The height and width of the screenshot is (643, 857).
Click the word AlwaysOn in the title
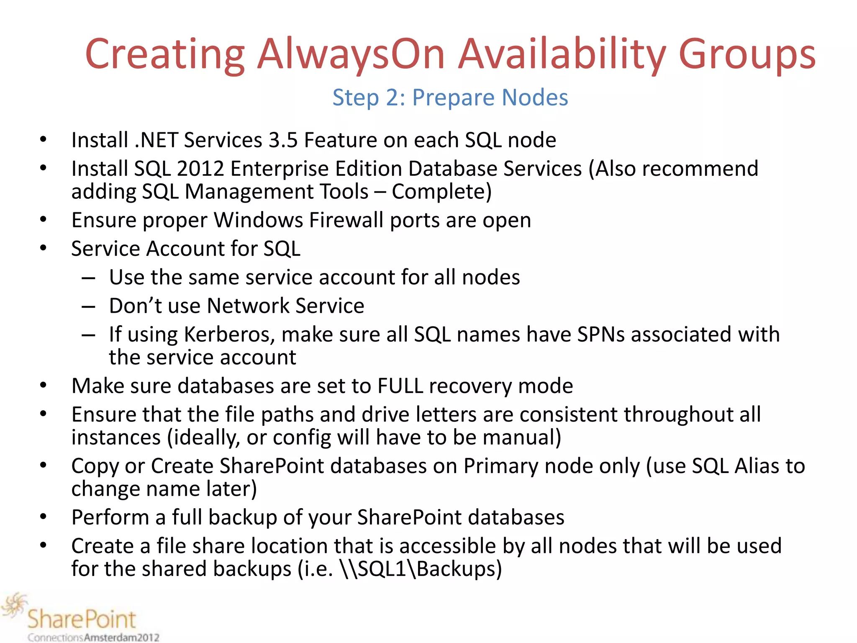pyautogui.click(x=351, y=54)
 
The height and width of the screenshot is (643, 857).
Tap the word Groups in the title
pyautogui.click(x=747, y=54)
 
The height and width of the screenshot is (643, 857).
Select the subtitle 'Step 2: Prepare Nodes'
pyautogui.click(x=450, y=98)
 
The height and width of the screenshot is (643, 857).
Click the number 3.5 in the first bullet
pyautogui.click(x=283, y=140)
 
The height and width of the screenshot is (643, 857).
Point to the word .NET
pyautogui.click(x=156, y=140)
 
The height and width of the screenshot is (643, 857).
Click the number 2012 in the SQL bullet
pyautogui.click(x=200, y=169)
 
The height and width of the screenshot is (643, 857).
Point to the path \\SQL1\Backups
pyautogui.click(x=421, y=569)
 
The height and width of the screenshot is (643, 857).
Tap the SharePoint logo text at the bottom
pyautogui.click(x=82, y=619)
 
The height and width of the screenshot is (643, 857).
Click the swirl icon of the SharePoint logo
pyautogui.click(x=14, y=605)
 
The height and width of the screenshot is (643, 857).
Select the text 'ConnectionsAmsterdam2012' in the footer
pyautogui.click(x=93, y=638)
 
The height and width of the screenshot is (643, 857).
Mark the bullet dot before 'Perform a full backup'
pyautogui.click(x=43, y=517)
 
